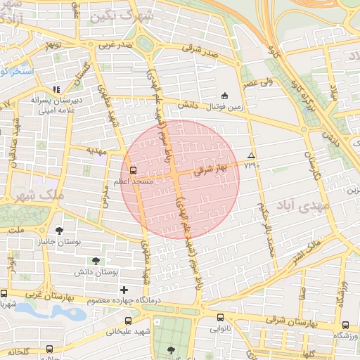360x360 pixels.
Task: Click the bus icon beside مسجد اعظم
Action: tap(133, 169)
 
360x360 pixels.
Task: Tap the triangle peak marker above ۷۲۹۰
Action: tap(251, 155)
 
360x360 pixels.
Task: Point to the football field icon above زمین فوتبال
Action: tap(224, 96)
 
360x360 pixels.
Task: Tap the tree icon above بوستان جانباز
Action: tap(58, 230)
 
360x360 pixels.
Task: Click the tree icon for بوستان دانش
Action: tap(96, 261)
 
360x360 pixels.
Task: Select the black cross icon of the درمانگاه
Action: tap(124, 289)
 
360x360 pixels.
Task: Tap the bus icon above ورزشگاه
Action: tap(345, 325)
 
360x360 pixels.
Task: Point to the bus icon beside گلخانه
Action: tap(49, 349)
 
